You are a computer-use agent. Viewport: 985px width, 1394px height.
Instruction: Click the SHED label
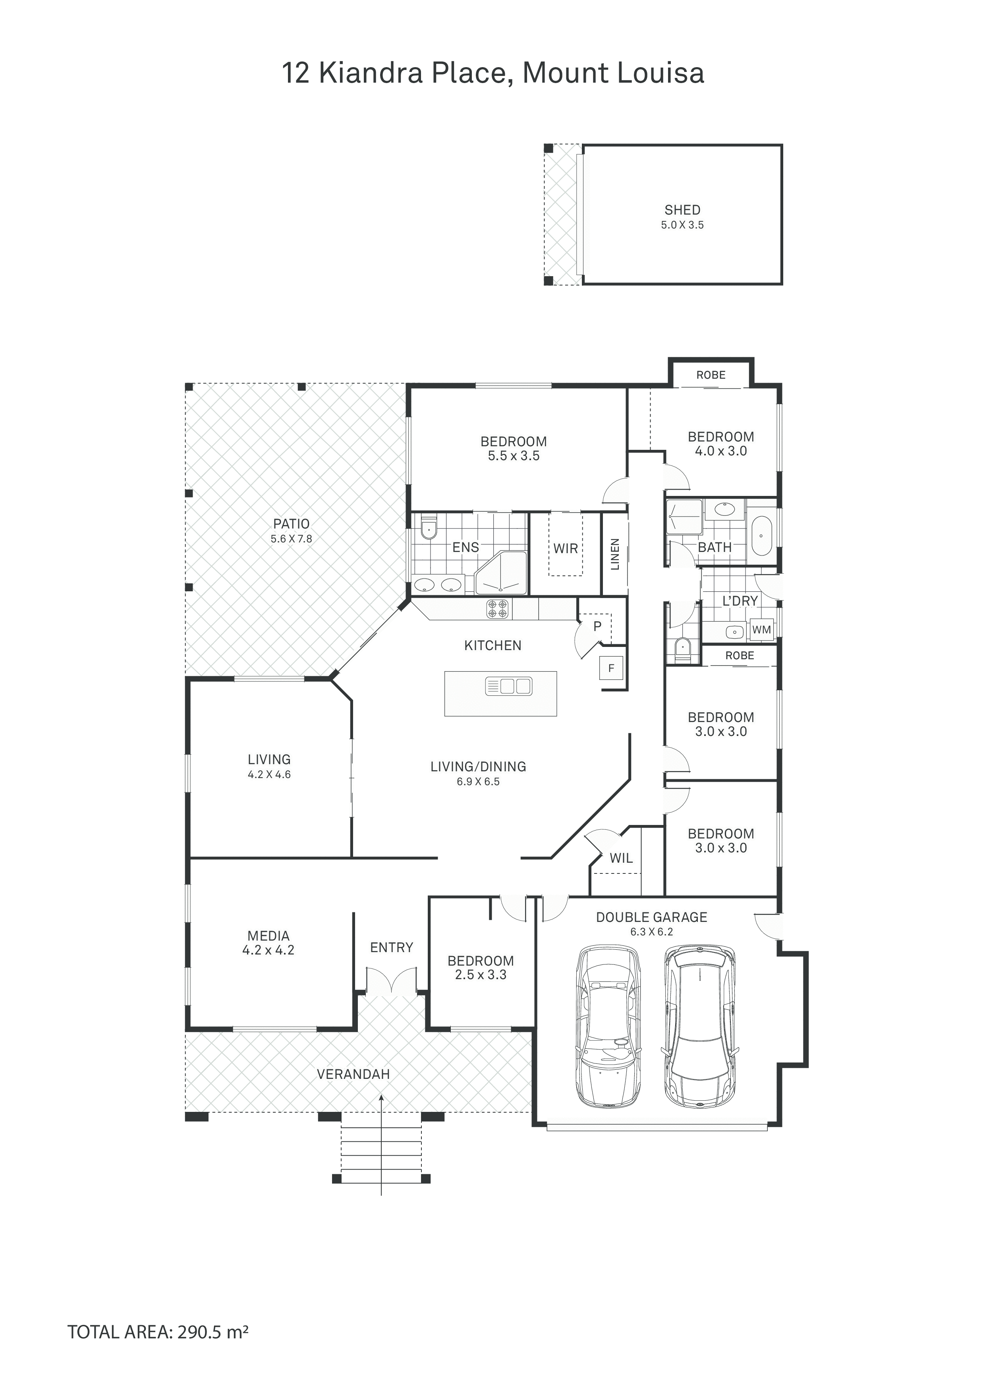click(682, 210)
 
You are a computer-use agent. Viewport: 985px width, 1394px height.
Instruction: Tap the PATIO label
click(291, 523)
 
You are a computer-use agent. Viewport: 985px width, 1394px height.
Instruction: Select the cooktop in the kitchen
click(498, 609)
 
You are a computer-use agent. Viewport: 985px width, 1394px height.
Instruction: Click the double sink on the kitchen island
click(508, 687)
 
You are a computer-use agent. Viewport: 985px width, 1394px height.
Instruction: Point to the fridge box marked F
click(611, 668)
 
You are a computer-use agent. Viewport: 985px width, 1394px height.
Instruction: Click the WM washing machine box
click(762, 629)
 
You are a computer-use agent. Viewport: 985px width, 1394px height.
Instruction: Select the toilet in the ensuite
click(429, 528)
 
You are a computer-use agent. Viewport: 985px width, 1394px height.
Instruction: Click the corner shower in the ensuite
click(501, 573)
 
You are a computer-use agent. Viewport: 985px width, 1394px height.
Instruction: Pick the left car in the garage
click(608, 1026)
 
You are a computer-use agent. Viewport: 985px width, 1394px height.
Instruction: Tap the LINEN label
click(615, 554)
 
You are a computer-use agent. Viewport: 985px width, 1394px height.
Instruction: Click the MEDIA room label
click(268, 935)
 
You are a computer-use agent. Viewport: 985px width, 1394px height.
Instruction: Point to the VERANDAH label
click(353, 1074)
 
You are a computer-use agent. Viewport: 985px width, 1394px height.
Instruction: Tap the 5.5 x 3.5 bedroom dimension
click(514, 456)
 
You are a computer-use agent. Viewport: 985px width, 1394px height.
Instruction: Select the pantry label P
click(597, 626)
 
